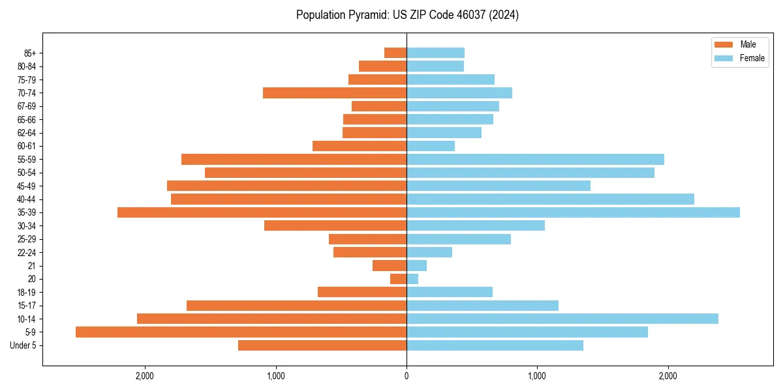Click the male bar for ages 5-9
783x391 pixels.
(241, 332)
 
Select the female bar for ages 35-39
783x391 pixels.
(573, 212)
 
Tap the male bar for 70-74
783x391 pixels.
(335, 93)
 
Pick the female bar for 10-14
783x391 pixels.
(562, 319)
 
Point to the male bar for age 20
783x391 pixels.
(399, 279)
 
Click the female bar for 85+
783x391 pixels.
(435, 53)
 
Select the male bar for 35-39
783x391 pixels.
(262, 212)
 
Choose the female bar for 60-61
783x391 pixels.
(431, 146)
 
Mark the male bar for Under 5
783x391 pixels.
(322, 345)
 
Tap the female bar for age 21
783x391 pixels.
(416, 266)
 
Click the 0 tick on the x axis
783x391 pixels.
(407, 376)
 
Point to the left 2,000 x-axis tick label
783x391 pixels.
(144, 376)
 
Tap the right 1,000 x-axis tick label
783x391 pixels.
(537, 376)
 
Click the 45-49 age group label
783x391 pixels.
(26, 186)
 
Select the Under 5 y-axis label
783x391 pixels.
(23, 345)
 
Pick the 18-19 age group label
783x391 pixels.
(26, 292)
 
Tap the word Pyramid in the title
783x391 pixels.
(367, 15)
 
